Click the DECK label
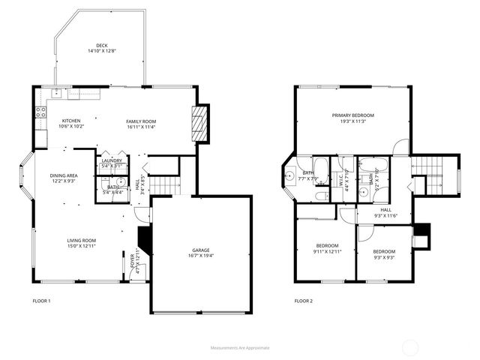[102, 45]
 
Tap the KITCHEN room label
[71, 121]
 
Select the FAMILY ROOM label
[140, 121]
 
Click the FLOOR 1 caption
[41, 301]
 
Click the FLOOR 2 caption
[303, 301]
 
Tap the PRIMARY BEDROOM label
[352, 115]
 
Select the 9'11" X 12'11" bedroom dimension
[327, 251]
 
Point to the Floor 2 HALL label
[385, 210]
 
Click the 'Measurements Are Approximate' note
[240, 347]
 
